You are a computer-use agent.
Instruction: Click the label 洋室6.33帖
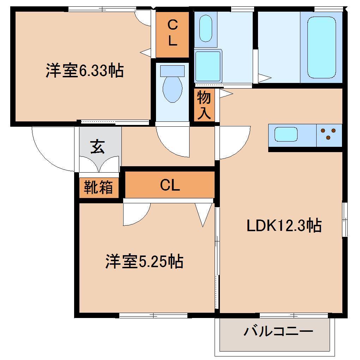[84, 71]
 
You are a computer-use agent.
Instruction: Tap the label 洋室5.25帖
[144, 262]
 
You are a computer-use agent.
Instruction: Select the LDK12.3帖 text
[284, 225]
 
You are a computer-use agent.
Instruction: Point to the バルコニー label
[278, 332]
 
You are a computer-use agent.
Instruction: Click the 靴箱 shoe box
[98, 187]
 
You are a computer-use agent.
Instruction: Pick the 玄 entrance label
[97, 147]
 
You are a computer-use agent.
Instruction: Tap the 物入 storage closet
[204, 105]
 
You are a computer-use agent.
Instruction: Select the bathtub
[321, 47]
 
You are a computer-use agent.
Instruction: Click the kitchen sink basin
[286, 134]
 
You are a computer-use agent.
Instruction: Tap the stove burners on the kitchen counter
[329, 134]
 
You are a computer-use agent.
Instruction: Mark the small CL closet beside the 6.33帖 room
[172, 34]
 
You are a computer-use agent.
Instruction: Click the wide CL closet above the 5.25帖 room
[170, 185]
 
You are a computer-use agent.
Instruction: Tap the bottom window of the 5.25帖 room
[154, 315]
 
